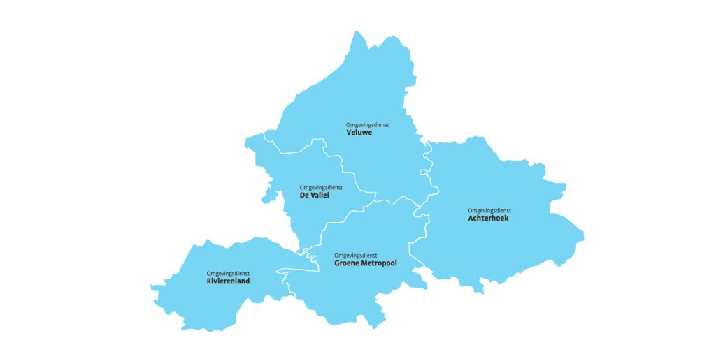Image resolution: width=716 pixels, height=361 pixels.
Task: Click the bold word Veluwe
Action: [x=359, y=132]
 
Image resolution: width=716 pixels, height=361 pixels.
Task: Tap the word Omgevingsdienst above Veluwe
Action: [x=367, y=124]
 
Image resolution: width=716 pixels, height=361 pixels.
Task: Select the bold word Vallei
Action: [x=320, y=196]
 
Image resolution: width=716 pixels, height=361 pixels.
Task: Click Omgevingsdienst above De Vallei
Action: [x=321, y=187]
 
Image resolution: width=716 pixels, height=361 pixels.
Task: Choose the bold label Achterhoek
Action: [x=488, y=218]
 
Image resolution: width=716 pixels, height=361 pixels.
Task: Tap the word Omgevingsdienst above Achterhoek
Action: [x=489, y=210]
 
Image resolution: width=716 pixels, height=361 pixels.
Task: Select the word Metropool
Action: [x=380, y=263]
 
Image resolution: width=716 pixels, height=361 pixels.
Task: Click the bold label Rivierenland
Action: [x=228, y=281]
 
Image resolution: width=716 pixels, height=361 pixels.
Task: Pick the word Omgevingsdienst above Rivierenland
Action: [x=228, y=273]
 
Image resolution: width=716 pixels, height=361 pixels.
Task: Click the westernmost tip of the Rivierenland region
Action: [x=151, y=286]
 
